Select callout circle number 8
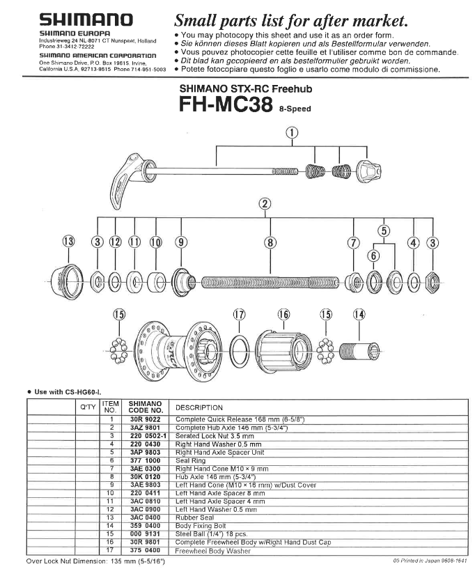point(270,242)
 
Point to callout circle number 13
point(68,242)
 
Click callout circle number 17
point(240,314)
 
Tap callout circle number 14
point(359,314)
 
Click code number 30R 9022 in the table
point(144,419)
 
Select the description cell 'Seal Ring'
point(192,461)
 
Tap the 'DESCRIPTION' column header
point(199,407)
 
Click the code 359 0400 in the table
point(144,527)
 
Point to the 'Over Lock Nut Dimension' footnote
point(104,560)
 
